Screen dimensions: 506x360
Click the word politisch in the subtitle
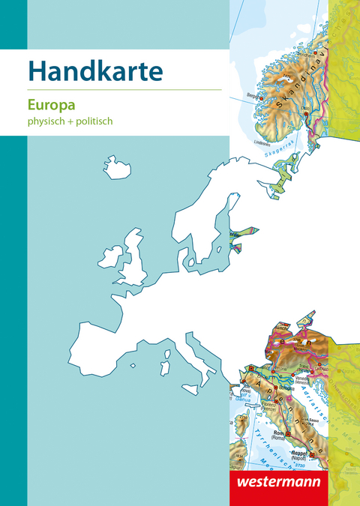93,120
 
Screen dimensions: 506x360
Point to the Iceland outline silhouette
117,167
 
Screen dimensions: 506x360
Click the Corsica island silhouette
166,351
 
